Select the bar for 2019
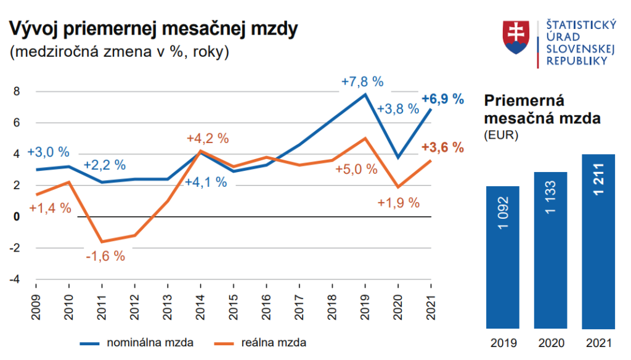[x=502, y=257]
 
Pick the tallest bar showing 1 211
[x=598, y=241]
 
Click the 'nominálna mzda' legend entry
[x=139, y=341]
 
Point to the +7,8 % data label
[x=362, y=81]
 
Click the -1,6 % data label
[x=105, y=256]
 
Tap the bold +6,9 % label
[x=442, y=99]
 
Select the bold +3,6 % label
[x=442, y=147]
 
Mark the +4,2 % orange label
[x=208, y=138]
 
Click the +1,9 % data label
[x=398, y=202]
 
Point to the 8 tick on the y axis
[x=17, y=92]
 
